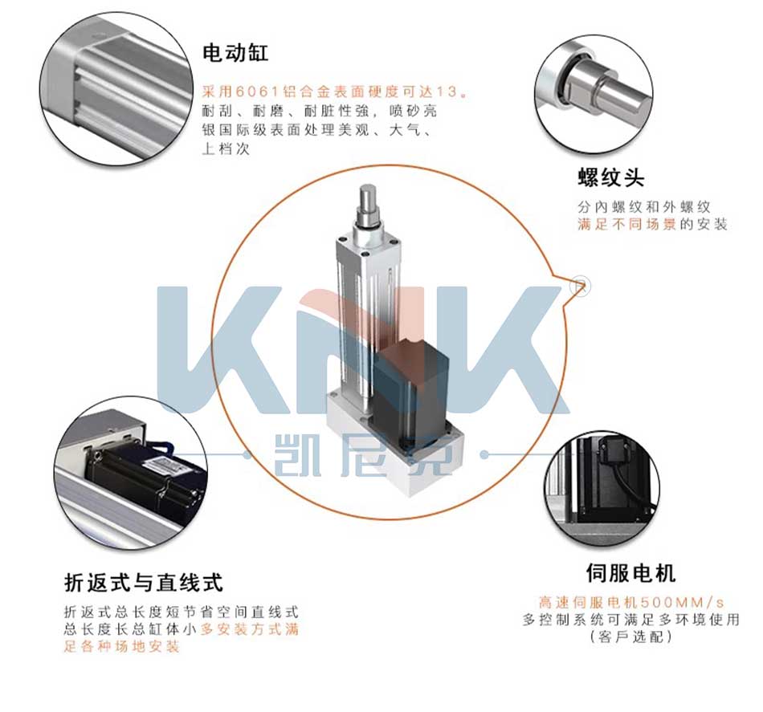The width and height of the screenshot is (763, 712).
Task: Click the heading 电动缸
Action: click(x=235, y=54)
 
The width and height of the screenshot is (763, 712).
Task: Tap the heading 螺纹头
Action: click(x=610, y=177)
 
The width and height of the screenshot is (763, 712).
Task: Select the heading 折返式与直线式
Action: click(x=144, y=581)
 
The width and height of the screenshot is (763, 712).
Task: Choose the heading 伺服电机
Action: click(x=630, y=573)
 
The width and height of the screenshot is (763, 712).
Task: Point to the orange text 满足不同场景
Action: click(x=627, y=225)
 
